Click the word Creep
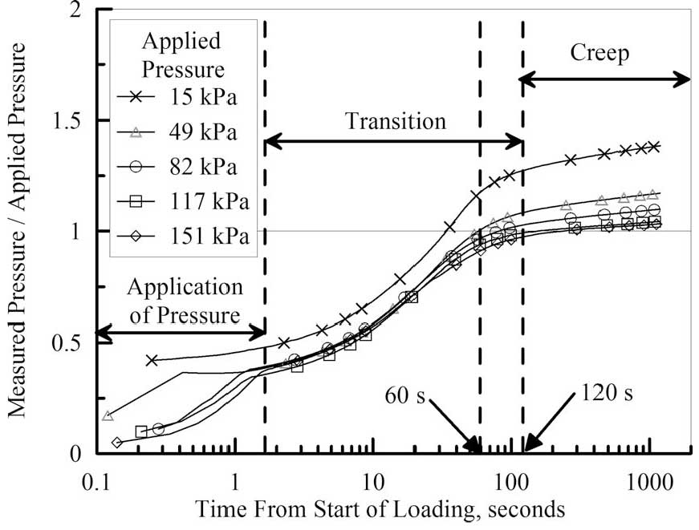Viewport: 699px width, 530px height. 599,54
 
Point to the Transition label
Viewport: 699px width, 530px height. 395,122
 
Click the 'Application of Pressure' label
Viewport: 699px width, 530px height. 185,301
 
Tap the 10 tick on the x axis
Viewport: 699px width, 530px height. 373,483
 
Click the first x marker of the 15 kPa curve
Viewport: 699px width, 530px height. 151,360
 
